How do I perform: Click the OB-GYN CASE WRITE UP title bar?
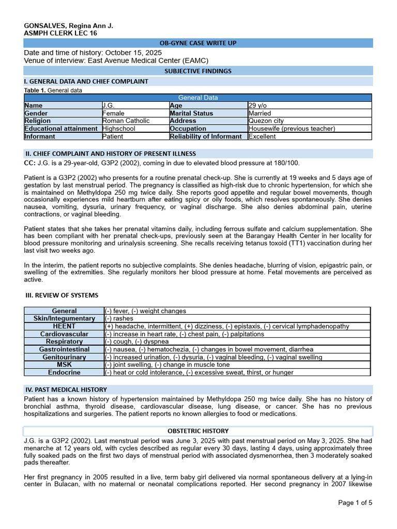point(198,43)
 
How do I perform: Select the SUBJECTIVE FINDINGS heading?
point(198,71)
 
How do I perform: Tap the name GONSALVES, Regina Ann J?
point(69,26)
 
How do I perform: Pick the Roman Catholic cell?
point(126,121)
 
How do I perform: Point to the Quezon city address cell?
point(266,121)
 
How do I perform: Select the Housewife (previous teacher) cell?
point(292,129)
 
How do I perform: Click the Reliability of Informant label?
point(206,136)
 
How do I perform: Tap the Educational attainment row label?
point(63,129)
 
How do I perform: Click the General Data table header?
point(198,98)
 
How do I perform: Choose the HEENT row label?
point(64,326)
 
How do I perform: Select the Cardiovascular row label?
point(64,334)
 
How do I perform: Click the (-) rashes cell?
point(119,319)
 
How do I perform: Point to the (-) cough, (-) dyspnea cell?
point(136,341)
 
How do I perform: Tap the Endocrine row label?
point(64,372)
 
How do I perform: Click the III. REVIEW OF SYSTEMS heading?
point(62,295)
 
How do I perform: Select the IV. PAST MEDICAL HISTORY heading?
point(66,390)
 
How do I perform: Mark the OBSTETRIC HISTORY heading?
point(198,431)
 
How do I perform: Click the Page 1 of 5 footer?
point(355,503)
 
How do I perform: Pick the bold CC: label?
point(30,163)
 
